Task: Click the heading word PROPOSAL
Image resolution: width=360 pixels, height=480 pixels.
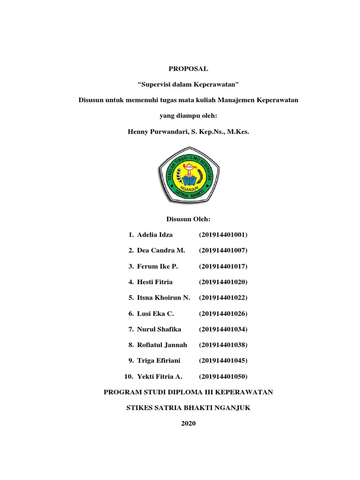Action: click(x=188, y=69)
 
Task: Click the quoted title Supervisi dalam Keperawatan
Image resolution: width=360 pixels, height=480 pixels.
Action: click(x=188, y=85)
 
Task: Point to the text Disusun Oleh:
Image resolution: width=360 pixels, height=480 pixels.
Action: click(x=188, y=219)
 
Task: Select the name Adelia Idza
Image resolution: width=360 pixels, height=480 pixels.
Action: click(x=155, y=234)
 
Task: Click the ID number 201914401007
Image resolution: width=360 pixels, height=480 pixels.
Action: click(x=223, y=250)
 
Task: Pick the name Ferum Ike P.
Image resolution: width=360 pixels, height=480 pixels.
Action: click(x=157, y=266)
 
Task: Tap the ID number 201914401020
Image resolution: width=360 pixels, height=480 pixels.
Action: click(x=223, y=282)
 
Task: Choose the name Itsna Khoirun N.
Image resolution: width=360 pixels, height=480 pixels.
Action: click(x=164, y=298)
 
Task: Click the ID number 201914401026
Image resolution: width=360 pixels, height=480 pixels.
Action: click(x=223, y=314)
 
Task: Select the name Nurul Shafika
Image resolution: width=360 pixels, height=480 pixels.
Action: click(x=159, y=330)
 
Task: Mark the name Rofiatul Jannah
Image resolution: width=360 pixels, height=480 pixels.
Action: click(x=162, y=345)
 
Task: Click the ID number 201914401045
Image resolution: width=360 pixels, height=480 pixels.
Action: click(x=223, y=361)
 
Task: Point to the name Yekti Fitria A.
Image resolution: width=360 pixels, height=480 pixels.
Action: click(x=159, y=377)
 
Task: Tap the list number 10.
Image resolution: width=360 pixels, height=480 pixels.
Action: click(x=128, y=377)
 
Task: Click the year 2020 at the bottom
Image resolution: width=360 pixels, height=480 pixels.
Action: click(x=188, y=424)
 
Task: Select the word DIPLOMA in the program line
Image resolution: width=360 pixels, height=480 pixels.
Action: click(x=185, y=392)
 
